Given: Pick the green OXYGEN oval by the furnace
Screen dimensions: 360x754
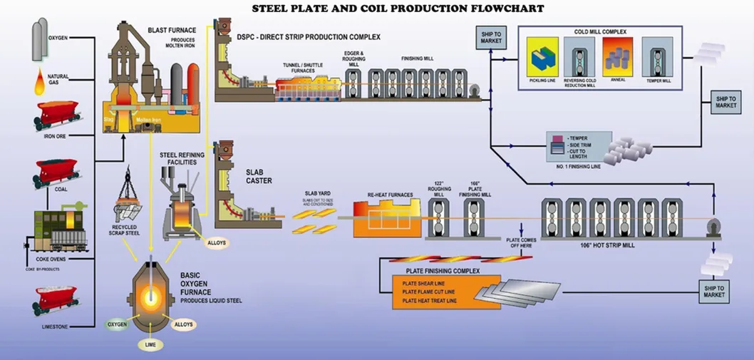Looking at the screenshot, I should pyautogui.click(x=118, y=324).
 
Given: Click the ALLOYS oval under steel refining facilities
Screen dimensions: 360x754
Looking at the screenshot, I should pyautogui.click(x=217, y=242).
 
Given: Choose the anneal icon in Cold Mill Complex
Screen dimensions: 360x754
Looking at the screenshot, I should pyautogui.click(x=617, y=56).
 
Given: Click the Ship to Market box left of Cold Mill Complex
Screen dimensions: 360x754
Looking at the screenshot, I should pyautogui.click(x=490, y=36).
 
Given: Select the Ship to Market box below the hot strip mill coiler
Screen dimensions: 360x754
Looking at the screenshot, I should pyautogui.click(x=713, y=289).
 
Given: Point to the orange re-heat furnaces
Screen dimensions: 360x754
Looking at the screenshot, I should pyautogui.click(x=384, y=217).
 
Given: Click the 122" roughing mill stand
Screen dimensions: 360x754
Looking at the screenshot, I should pyautogui.click(x=438, y=217).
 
